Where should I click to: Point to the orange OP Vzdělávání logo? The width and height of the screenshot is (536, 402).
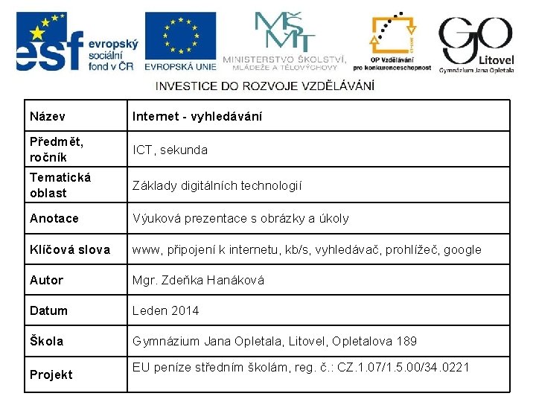[401, 41]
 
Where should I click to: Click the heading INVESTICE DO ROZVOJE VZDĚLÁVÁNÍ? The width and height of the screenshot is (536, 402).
[264, 86]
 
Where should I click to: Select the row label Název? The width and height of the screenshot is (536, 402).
[47, 117]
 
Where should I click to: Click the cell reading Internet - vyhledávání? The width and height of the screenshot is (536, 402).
[197, 117]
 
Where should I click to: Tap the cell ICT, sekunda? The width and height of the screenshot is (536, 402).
[170, 150]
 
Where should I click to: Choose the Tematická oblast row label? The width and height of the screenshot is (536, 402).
[60, 185]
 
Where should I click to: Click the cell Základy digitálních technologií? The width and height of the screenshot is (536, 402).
[217, 185]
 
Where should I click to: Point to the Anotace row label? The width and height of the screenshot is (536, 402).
[54, 219]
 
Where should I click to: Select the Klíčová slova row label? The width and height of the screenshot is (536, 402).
[69, 249]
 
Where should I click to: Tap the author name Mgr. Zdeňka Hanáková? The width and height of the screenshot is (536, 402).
[198, 281]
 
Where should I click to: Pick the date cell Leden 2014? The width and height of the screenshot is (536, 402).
[165, 311]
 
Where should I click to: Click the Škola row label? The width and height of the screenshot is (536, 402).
[46, 342]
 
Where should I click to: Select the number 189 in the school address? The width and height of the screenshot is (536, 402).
[406, 342]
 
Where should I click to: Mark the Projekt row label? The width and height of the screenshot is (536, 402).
[51, 374]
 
